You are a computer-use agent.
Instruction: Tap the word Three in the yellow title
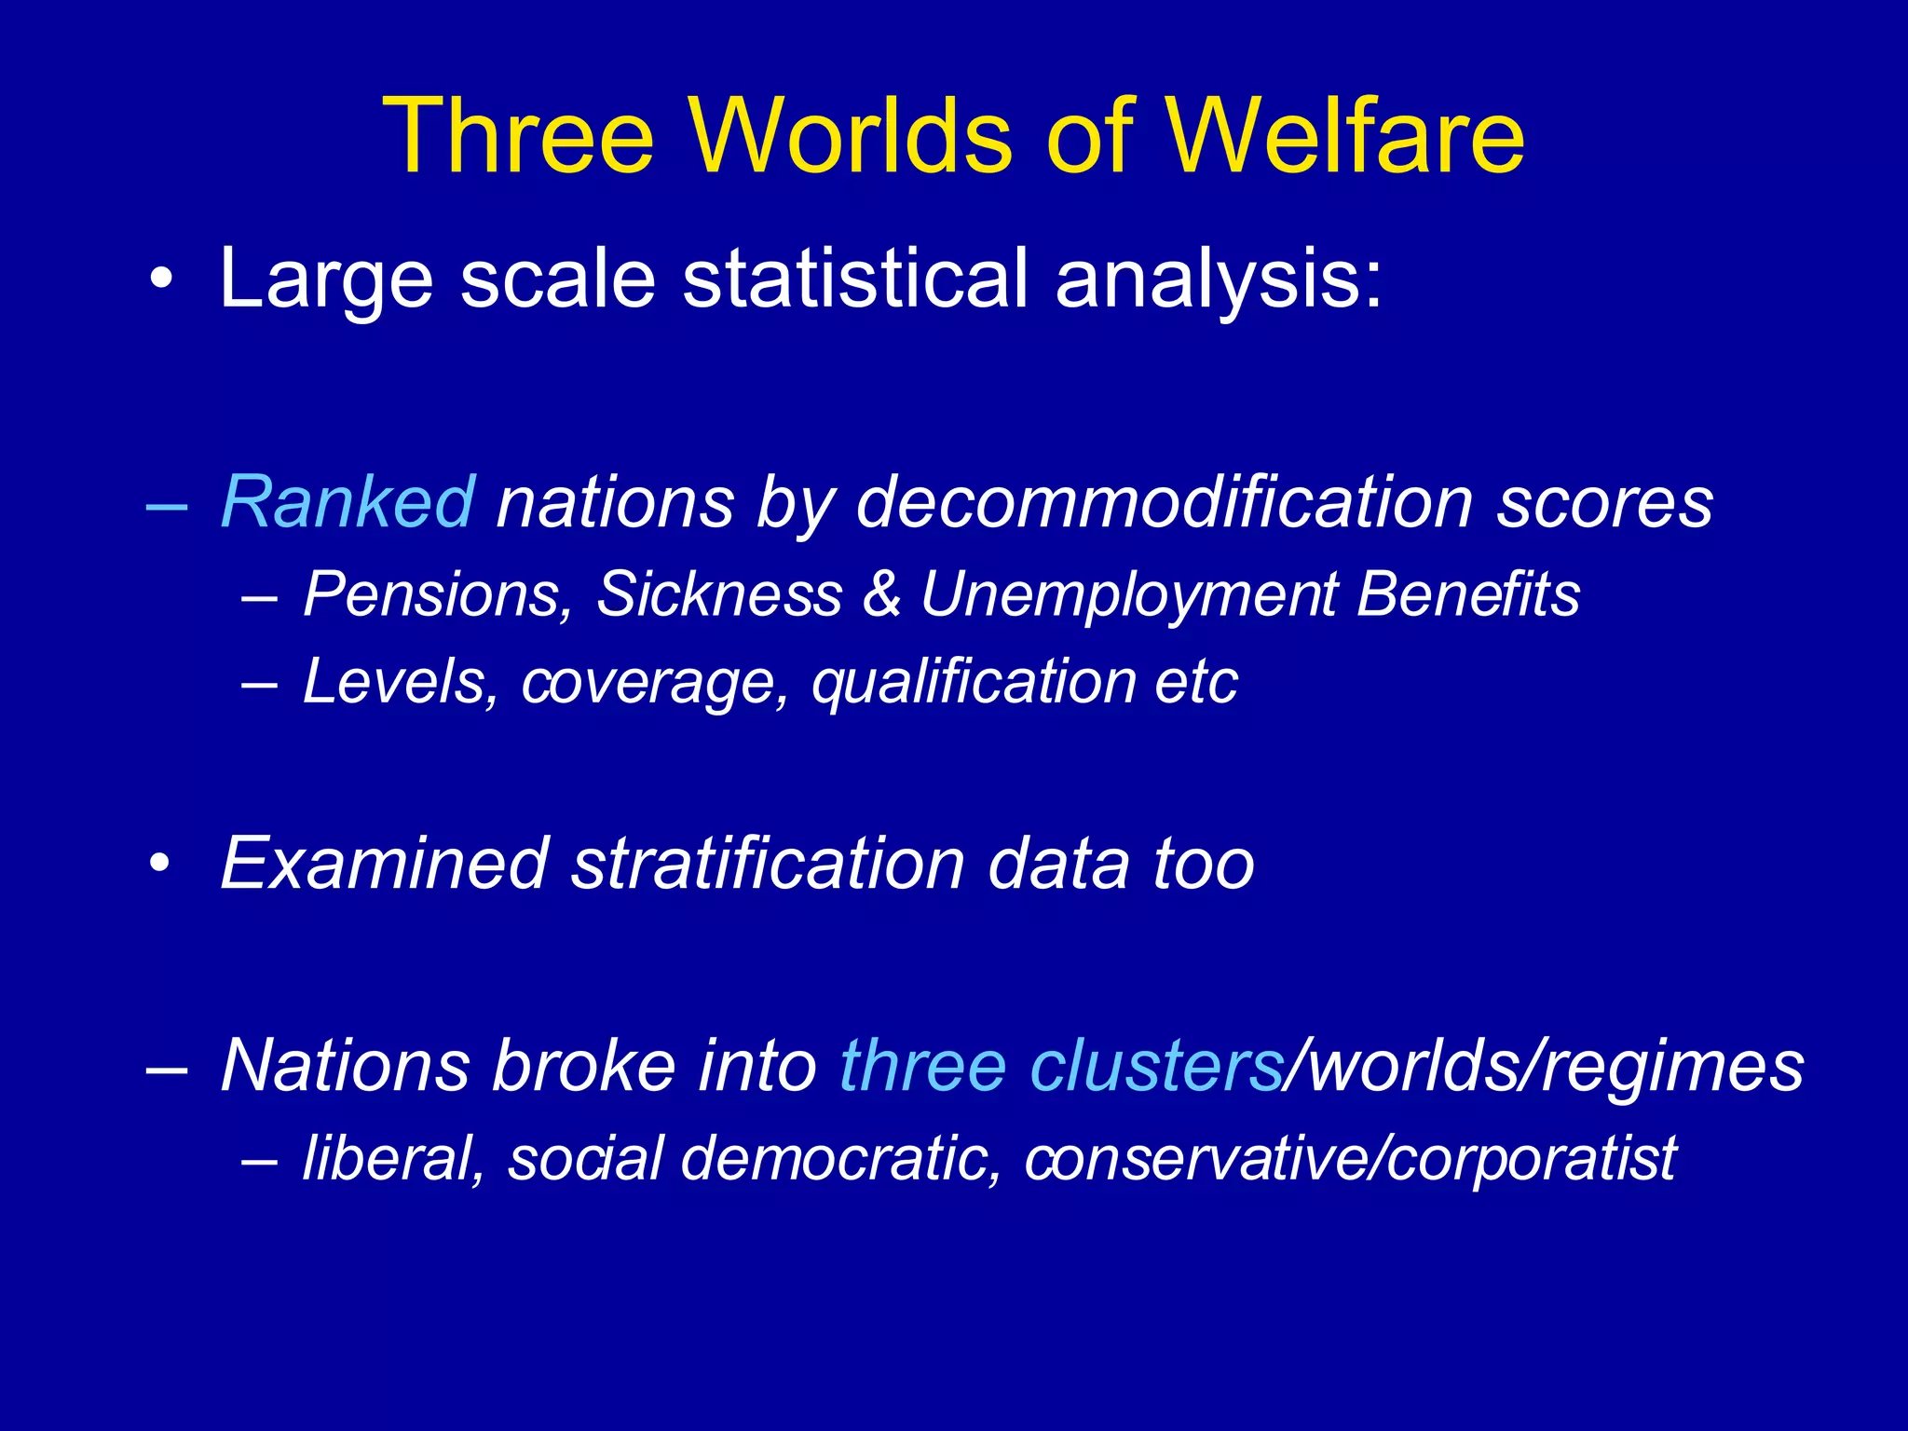point(518,137)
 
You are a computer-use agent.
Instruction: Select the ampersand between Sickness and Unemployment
point(881,594)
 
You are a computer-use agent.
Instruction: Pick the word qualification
point(973,683)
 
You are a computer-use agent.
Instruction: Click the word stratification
point(768,865)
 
